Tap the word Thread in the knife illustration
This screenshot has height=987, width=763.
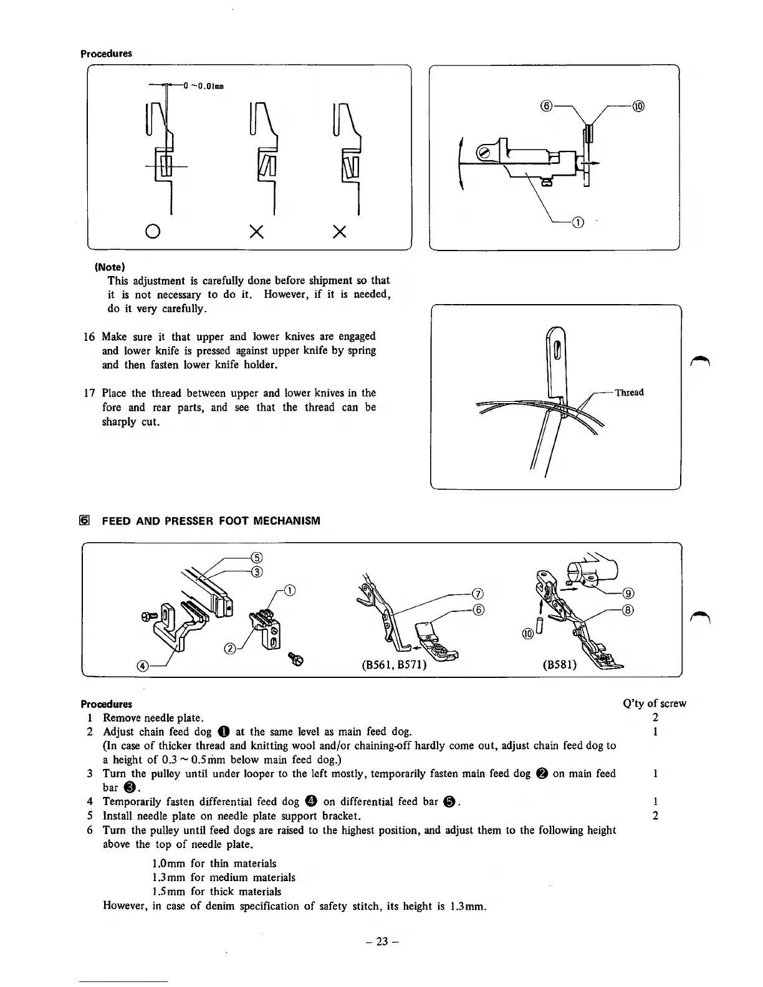click(x=629, y=393)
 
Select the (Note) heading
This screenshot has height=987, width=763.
click(x=110, y=267)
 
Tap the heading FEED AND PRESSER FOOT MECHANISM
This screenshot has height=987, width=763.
click(x=211, y=520)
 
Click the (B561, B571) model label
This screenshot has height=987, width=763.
click(x=394, y=664)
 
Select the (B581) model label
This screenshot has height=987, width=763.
click(x=560, y=664)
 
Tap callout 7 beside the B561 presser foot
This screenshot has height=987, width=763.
click(x=478, y=593)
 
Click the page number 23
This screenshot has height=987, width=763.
click(x=381, y=942)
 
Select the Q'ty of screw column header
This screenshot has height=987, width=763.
click(x=655, y=703)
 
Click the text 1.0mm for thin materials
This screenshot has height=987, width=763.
click(x=214, y=864)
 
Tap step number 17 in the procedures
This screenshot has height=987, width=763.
click(x=89, y=393)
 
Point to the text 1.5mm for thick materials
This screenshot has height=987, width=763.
click(x=216, y=892)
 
